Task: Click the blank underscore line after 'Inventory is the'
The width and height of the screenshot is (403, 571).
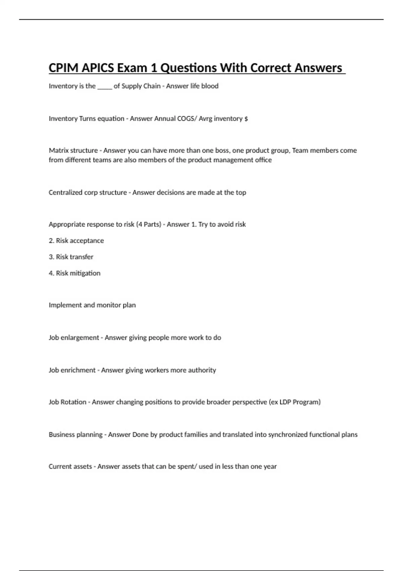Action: point(104,86)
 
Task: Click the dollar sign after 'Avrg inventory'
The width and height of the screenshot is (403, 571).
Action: point(246,119)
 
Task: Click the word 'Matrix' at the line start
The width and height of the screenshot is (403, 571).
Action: point(58,150)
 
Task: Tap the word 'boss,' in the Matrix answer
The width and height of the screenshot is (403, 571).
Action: point(223,150)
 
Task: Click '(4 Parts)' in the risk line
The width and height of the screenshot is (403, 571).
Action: point(149,224)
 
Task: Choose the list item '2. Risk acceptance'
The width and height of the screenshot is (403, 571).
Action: point(76,240)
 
